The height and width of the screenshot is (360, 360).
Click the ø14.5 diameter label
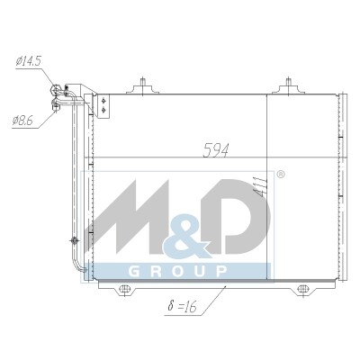coord(28,61)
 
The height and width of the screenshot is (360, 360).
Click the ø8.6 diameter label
coord(22,121)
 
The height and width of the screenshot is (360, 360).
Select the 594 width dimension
coord(216,150)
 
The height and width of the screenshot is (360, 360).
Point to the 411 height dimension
coord(260,187)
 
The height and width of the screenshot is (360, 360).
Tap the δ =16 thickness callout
coord(182,306)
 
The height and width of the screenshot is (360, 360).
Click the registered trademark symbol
coord(280,175)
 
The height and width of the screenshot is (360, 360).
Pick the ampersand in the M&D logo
coord(186,236)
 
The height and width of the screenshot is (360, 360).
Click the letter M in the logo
coord(128,216)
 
